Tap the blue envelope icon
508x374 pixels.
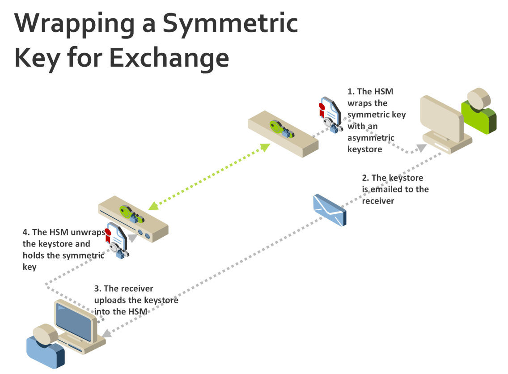(x=329, y=210)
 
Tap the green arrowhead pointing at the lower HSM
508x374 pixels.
(x=153, y=205)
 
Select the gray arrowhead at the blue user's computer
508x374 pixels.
(x=107, y=333)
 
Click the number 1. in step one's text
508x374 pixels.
(x=351, y=92)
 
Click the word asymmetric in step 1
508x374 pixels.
(x=371, y=137)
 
